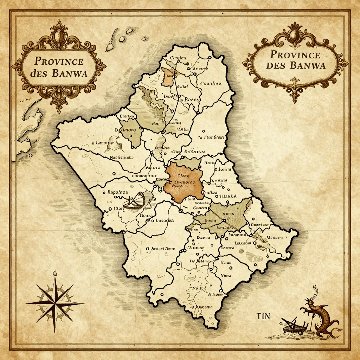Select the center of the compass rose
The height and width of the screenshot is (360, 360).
tap(55, 303)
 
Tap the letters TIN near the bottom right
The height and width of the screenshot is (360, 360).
tap(263, 316)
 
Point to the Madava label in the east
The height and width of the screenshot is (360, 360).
tap(275, 238)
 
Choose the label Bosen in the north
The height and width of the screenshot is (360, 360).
tap(192, 99)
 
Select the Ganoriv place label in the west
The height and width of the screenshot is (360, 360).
tap(104, 143)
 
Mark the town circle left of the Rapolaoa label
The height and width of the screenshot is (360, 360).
tap(104, 193)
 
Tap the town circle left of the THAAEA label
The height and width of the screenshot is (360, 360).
tap(217, 197)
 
